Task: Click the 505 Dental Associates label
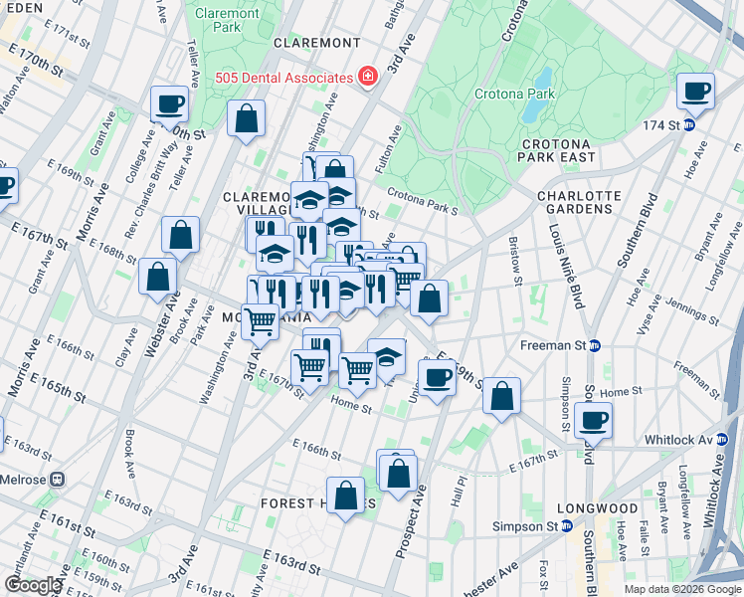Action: [284, 78]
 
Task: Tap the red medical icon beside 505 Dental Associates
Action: [368, 77]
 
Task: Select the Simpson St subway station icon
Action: [566, 525]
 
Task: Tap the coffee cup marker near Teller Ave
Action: [170, 103]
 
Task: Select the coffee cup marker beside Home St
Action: [436, 378]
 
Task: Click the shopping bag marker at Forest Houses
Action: [345, 497]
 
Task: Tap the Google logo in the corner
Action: [33, 585]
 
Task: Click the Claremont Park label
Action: [227, 20]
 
